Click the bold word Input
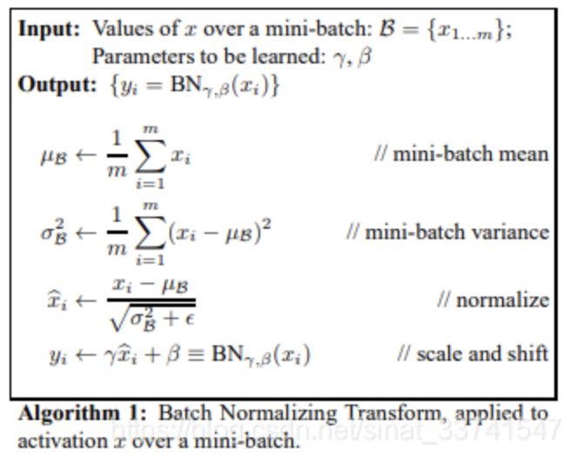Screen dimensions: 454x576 [x=49, y=29]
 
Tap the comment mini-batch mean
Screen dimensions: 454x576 [x=461, y=154]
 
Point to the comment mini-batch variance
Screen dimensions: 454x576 [x=447, y=231]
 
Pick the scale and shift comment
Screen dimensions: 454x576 [x=472, y=353]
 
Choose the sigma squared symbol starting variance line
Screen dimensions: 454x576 [x=54, y=233]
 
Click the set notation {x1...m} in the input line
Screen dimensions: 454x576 [x=465, y=30]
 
